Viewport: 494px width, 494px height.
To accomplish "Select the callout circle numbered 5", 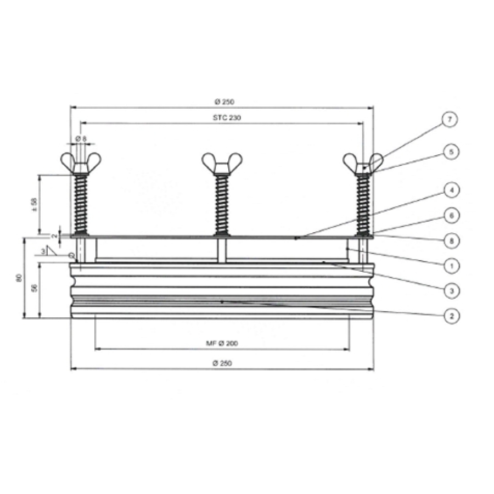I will click(x=449, y=151).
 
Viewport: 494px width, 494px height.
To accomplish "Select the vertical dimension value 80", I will click(x=19, y=278).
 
